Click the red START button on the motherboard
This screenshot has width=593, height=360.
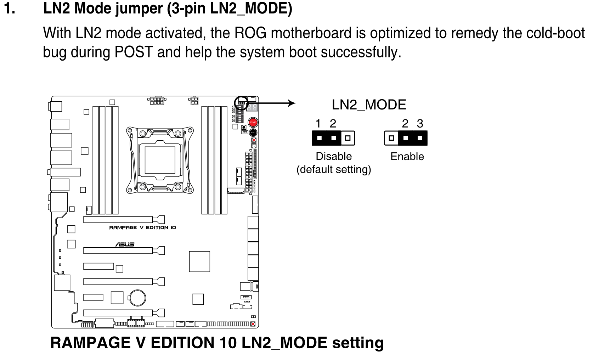[253, 122]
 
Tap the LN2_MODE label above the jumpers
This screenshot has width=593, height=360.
[369, 105]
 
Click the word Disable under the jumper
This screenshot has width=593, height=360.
[334, 156]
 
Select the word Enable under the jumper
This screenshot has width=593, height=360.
[407, 156]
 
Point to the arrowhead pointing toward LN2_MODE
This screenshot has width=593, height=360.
[292, 103]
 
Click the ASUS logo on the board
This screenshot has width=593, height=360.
[125, 244]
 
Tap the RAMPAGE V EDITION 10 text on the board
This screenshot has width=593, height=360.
[142, 227]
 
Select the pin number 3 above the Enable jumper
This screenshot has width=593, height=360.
[420, 124]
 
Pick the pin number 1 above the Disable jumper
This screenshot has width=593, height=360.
[318, 124]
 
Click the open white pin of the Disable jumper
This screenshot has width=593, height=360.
[348, 138]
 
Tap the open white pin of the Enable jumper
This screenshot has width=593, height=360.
[391, 138]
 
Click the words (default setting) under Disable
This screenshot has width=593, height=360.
[334, 169]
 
